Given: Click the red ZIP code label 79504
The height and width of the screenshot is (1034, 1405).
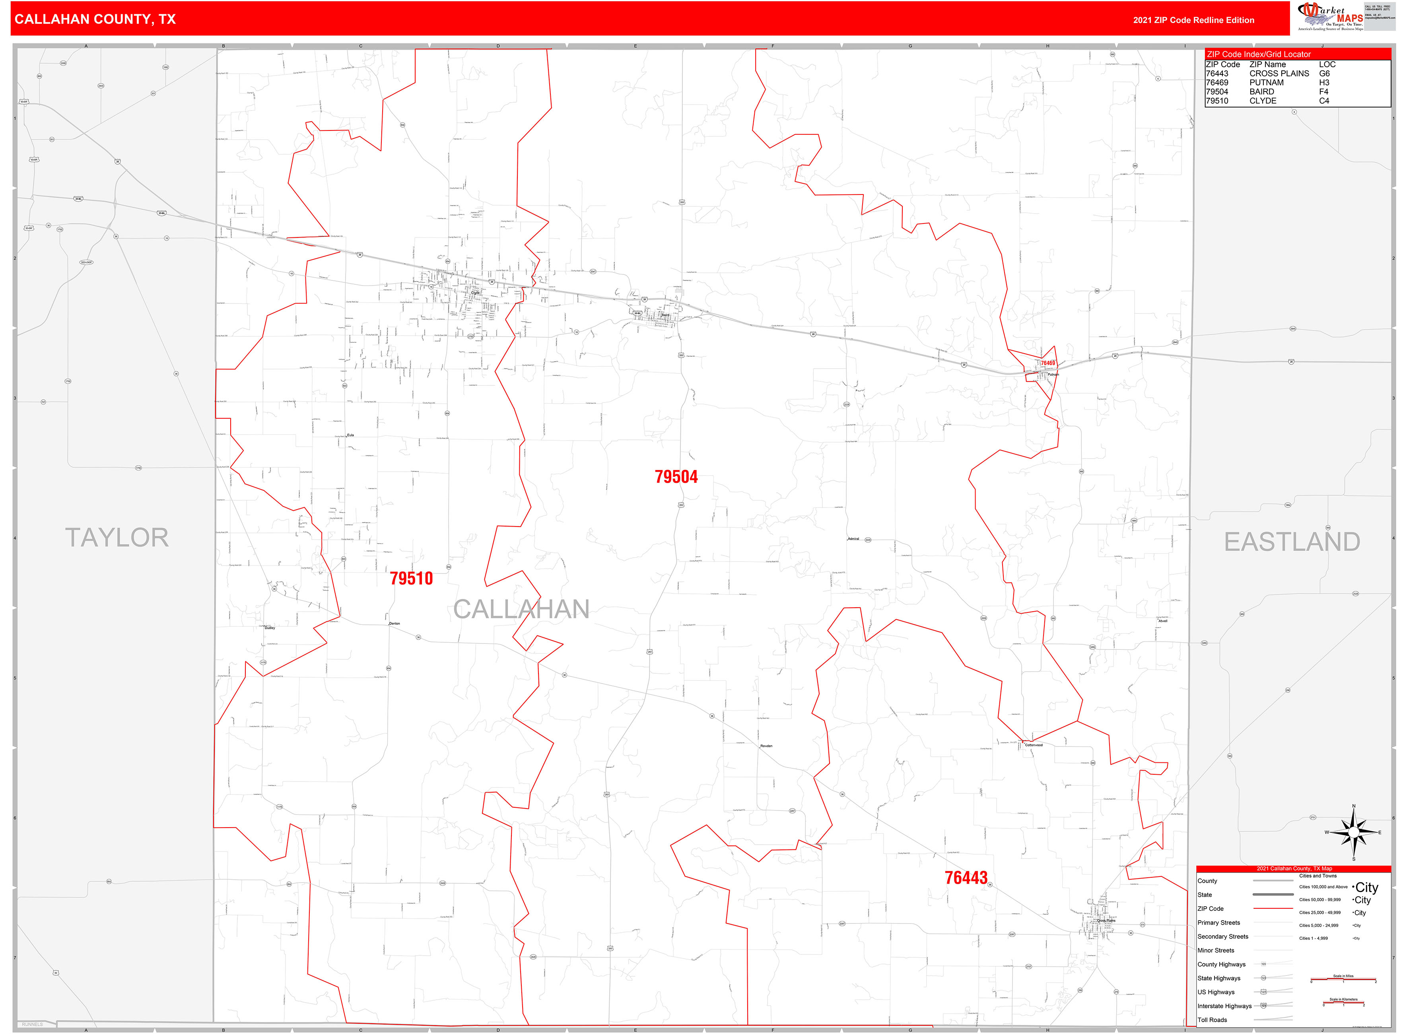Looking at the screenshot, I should click(x=676, y=477).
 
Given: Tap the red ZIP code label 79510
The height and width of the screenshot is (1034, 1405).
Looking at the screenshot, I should click(x=411, y=578).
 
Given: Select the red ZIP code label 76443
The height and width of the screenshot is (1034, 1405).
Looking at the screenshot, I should click(x=966, y=878).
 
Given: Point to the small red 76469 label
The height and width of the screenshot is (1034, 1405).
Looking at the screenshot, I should click(x=1047, y=363).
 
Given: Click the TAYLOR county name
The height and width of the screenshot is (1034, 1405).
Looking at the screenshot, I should click(x=117, y=538).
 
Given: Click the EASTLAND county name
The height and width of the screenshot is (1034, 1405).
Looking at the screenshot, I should click(x=1292, y=541).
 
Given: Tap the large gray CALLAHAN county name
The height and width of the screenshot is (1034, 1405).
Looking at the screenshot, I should click(x=521, y=609).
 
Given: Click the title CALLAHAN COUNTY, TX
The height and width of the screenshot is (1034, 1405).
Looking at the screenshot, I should click(x=95, y=19).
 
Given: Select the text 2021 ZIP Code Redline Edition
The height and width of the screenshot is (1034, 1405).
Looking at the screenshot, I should click(x=1193, y=20).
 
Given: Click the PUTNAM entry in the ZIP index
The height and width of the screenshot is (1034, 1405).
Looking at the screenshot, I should click(x=1266, y=83).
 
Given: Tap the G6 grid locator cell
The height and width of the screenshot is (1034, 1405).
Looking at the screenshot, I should click(x=1324, y=73).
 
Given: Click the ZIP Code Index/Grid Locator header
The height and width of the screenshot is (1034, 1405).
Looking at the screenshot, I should click(x=1258, y=54).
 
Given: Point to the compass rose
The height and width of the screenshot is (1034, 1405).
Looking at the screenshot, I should click(x=1354, y=832).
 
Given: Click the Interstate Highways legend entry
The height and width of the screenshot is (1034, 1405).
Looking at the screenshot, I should click(x=1224, y=1006).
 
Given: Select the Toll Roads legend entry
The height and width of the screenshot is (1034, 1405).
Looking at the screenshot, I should click(x=1212, y=1020).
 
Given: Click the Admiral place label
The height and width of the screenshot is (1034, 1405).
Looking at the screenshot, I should click(x=853, y=538).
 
